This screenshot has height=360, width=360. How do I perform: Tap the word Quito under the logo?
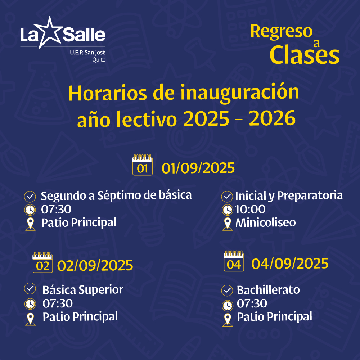pos(99,60)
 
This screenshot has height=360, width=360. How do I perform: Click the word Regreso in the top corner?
pos(281,32)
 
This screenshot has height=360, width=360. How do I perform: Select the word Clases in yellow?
pos(304,55)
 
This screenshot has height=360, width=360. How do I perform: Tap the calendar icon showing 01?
pos(142,165)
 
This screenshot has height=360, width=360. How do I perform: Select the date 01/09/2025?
pos(198,168)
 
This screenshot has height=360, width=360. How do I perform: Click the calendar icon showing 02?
pos(43,262)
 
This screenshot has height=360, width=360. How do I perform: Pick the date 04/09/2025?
pos(290,264)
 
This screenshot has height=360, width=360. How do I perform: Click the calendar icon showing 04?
pos(234,261)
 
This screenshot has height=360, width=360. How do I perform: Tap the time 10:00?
pos(250,209)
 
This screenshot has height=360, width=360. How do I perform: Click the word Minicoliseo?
pos(266,222)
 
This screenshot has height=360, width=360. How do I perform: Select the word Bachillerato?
pos(268,290)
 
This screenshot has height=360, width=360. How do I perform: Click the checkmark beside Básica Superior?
pos(30,288)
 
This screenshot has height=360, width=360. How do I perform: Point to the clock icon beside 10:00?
pos(228,210)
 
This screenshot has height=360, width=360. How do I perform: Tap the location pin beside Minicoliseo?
pos(228,224)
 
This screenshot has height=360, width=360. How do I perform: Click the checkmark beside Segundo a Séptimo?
pos(30,197)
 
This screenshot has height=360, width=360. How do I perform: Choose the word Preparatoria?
pos(310,196)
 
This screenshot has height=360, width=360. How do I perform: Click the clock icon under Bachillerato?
pos(228,306)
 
